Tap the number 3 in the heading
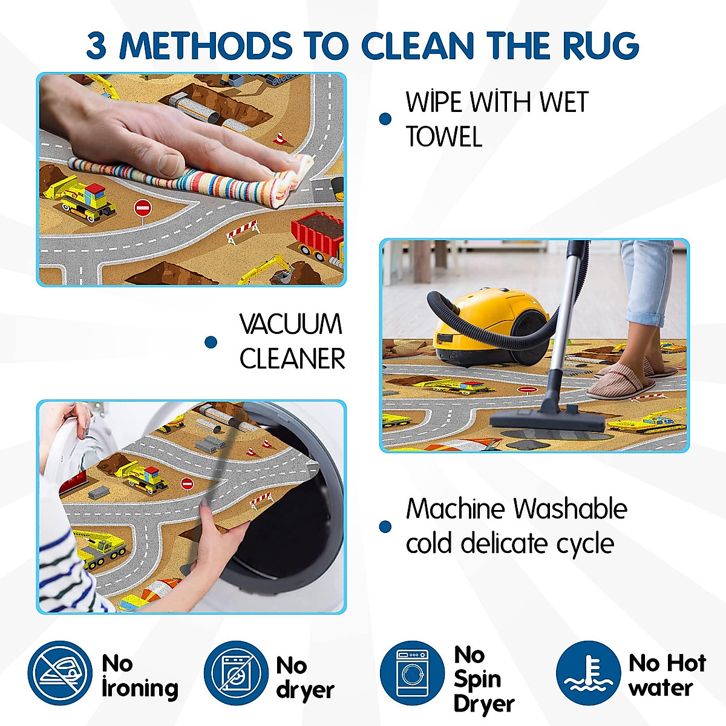[97, 46]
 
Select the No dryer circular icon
[235, 673]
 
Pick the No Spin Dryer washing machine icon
[412, 673]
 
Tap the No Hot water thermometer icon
[588, 673]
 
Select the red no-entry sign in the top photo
[142, 208]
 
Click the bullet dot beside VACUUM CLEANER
[211, 342]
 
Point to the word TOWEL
[443, 137]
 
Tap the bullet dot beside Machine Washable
[385, 526]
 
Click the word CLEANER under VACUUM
[292, 359]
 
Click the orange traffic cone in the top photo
[280, 139]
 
